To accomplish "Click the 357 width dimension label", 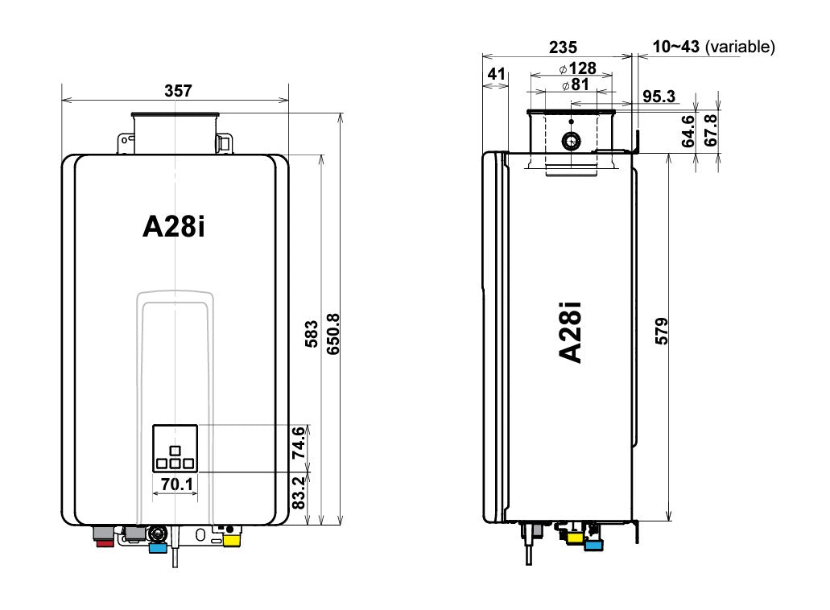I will point(178,91).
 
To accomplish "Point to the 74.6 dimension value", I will point(298,443).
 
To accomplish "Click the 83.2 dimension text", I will point(298,493).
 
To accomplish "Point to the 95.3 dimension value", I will point(659,97).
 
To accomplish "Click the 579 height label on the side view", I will point(662,332).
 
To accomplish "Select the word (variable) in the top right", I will point(740,47).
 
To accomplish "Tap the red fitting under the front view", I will point(105,543).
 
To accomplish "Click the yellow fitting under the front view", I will point(231,541).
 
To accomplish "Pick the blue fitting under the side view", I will point(594,546).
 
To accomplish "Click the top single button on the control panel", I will point(175,449).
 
